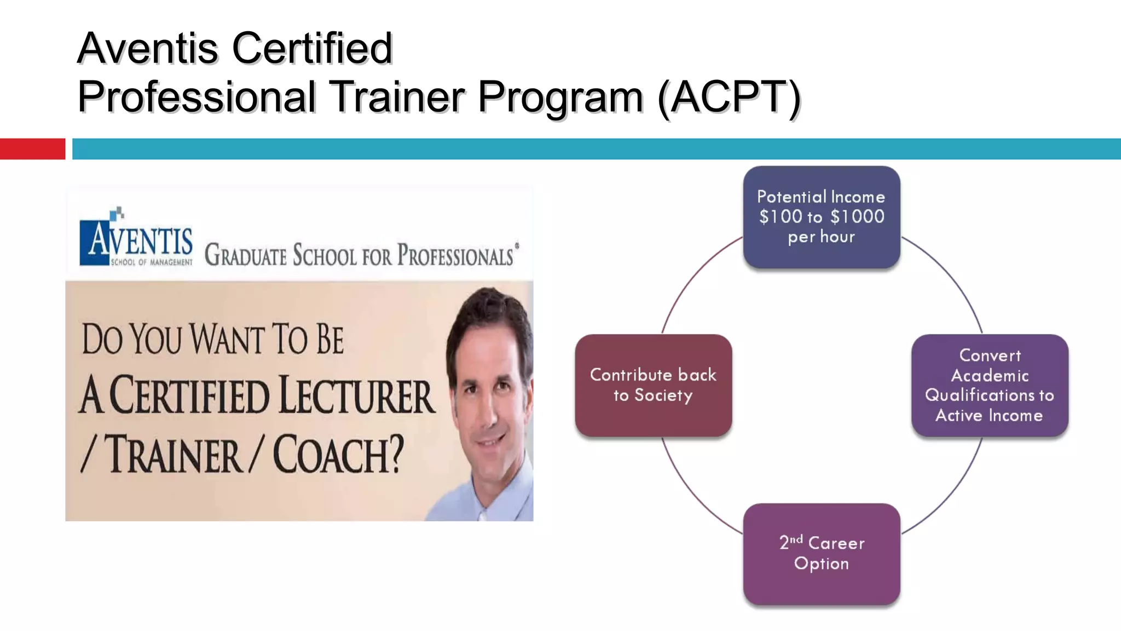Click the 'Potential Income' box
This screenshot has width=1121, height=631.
point(821,217)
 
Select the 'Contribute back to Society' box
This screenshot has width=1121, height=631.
point(653,385)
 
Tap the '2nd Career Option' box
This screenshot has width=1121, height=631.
point(821,553)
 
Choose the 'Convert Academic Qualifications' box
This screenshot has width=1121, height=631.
point(990,385)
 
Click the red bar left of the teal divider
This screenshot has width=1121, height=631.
point(32,148)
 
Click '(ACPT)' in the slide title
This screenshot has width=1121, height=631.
point(729,97)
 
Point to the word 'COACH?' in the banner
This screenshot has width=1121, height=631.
point(338,455)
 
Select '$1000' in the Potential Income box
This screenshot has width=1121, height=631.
point(857,217)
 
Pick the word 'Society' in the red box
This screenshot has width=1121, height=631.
point(663,395)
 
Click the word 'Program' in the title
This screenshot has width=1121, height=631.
point(560,97)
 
